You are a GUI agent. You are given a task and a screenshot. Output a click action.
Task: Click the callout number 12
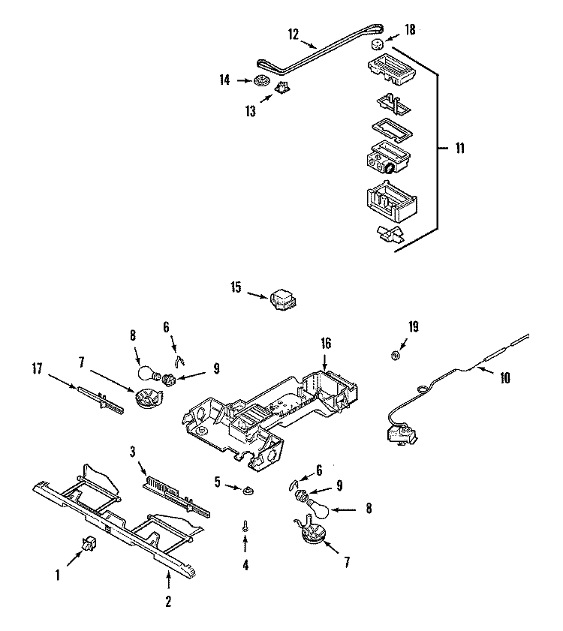pyautogui.click(x=294, y=33)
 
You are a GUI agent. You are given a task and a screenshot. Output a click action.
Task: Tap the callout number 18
pyautogui.click(x=409, y=29)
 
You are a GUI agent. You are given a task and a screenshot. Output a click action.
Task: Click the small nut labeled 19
pyautogui.click(x=395, y=354)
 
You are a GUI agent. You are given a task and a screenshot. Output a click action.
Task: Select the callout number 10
pyautogui.click(x=504, y=378)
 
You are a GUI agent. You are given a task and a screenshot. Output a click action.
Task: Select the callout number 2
pyautogui.click(x=168, y=600)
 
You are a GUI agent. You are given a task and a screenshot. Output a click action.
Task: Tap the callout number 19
pyautogui.click(x=413, y=326)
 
